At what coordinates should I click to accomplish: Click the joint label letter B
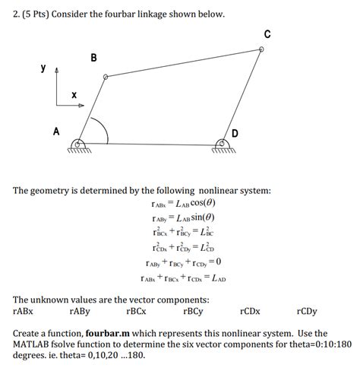coord(93,58)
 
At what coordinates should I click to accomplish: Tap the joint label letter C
coord(267,33)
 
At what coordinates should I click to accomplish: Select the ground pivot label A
coord(55,131)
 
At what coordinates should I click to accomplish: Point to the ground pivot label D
coord(235,134)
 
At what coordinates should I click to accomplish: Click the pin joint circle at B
coord(106,77)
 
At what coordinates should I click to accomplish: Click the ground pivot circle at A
coord(78,142)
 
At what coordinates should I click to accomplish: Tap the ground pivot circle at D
coord(221,142)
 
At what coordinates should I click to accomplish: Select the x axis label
coord(74,95)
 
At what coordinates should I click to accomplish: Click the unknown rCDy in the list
coord(307,311)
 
